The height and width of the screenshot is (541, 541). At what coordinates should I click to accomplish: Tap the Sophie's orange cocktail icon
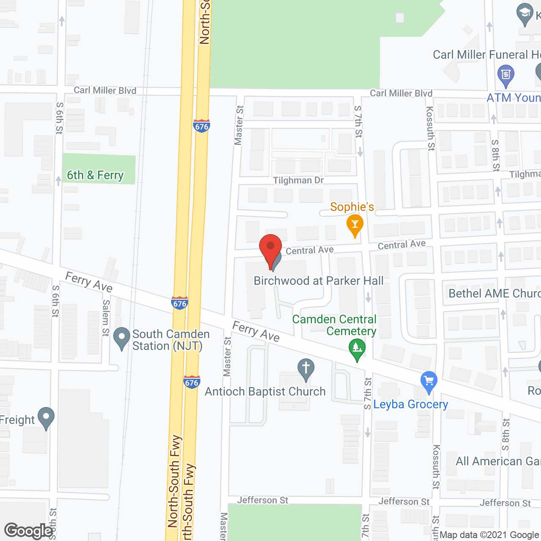coord(355,225)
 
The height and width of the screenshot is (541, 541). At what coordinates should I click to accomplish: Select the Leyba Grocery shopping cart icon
coord(429,382)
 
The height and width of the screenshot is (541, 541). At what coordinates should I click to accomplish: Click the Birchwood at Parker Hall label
coord(319,281)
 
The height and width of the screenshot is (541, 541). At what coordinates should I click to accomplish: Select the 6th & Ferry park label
coord(95,175)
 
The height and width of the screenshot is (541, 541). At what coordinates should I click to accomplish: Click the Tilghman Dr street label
coord(298,180)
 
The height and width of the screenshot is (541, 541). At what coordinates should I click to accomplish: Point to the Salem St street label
coord(106,318)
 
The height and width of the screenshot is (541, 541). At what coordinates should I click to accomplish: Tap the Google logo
coord(29,531)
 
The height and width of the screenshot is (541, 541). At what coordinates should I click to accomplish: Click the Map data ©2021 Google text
coord(489,535)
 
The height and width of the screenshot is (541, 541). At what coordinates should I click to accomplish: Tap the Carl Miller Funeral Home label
coord(486,55)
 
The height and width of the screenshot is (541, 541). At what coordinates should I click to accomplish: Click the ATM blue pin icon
coord(505,75)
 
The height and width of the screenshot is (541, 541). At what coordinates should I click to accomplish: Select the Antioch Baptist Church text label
coord(265,392)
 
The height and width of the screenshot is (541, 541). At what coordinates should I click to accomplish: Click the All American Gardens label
coord(498,461)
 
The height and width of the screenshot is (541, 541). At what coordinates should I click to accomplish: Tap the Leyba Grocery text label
coord(410,404)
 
